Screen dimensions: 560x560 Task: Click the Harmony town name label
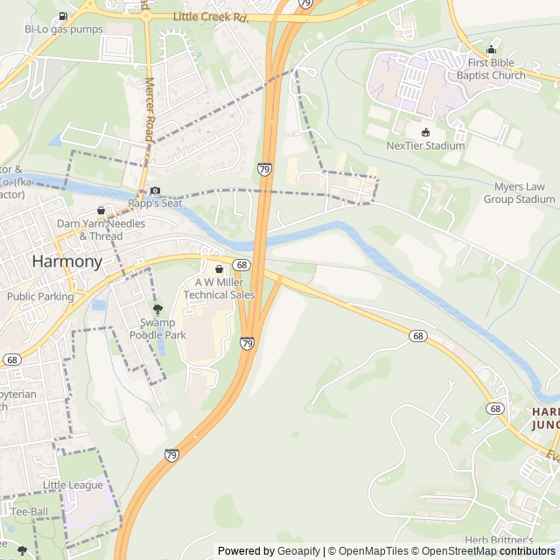pyautogui.click(x=66, y=261)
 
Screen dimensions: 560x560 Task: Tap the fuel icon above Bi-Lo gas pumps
pyautogui.click(x=63, y=16)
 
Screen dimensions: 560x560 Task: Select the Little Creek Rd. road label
pyautogui.click(x=211, y=17)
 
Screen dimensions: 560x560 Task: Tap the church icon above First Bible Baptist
pyautogui.click(x=491, y=50)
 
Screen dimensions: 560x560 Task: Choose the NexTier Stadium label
pyautogui.click(x=425, y=146)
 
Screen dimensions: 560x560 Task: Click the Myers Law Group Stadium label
pyautogui.click(x=520, y=192)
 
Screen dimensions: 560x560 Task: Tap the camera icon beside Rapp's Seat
pyautogui.click(x=155, y=191)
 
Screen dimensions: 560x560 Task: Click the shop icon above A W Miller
pyautogui.click(x=219, y=269)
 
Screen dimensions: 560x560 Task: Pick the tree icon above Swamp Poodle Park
pyautogui.click(x=157, y=309)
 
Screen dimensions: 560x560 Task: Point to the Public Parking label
pyautogui.click(x=40, y=297)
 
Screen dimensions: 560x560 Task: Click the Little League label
pyautogui.click(x=73, y=485)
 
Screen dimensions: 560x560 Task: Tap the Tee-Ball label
pyautogui.click(x=31, y=511)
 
